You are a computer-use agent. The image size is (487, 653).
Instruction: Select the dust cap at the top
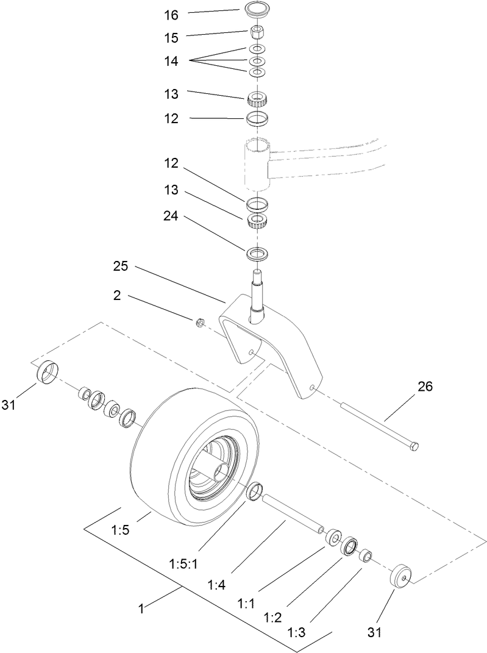[256, 10]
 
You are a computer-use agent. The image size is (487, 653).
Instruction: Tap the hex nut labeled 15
[256, 31]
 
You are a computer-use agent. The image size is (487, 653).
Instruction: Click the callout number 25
[120, 267]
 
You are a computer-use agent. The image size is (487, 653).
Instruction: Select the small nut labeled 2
[198, 323]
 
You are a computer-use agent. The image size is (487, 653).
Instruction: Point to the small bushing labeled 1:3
[366, 556]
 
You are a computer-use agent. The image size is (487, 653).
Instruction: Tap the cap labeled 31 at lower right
[400, 575]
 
